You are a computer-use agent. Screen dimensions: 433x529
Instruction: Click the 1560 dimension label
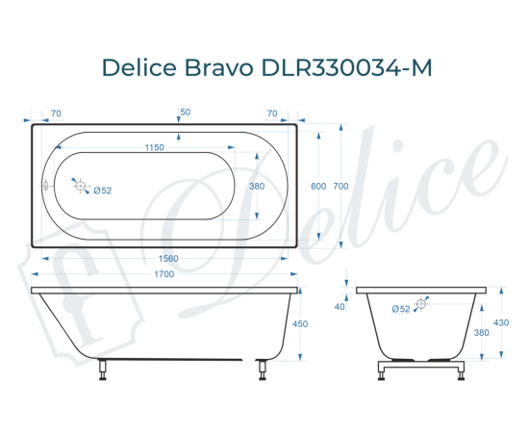point(166,259)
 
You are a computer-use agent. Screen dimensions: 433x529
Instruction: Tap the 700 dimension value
point(340,186)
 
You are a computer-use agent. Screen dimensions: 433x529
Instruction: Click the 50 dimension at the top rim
point(185,113)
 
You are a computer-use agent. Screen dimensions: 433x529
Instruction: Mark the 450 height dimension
point(299,324)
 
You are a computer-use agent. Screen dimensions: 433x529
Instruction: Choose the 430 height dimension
point(500,323)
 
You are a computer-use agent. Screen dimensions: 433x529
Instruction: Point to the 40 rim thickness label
point(340,307)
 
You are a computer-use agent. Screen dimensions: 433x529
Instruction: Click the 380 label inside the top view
point(257,186)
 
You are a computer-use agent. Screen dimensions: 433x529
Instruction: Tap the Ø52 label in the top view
point(103,191)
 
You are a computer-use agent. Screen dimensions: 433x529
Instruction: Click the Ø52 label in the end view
point(401,308)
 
